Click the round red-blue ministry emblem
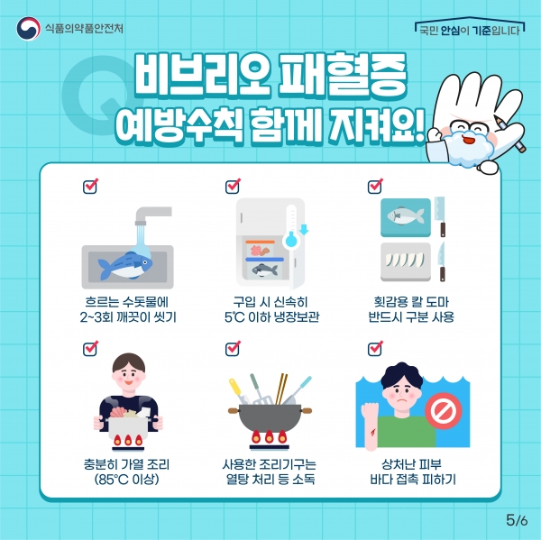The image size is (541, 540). pyautogui.click(x=28, y=28)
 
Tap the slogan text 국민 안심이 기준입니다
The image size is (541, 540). pyautogui.click(x=470, y=31)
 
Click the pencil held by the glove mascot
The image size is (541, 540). pyautogui.click(x=510, y=134)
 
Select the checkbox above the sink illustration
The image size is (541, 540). pyautogui.click(x=90, y=186)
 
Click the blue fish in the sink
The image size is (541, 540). pyautogui.click(x=125, y=266)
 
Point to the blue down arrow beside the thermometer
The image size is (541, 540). pyautogui.click(x=304, y=229)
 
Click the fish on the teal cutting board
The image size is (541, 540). pyautogui.click(x=406, y=216)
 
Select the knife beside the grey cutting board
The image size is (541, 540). pyautogui.click(x=442, y=261)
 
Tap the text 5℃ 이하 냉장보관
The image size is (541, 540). pyautogui.click(x=272, y=316)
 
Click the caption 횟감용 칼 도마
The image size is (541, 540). pyautogui.click(x=411, y=302)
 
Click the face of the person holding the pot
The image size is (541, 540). pyautogui.click(x=129, y=375)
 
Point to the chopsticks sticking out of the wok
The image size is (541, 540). pyautogui.click(x=281, y=389)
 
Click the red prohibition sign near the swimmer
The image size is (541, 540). pyautogui.click(x=444, y=411)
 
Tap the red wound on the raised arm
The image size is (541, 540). pyautogui.click(x=372, y=432)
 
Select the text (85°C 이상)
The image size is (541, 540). pyautogui.click(x=126, y=480)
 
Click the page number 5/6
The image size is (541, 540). pyautogui.click(x=517, y=520)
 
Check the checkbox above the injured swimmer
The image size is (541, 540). pyautogui.click(x=375, y=349)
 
